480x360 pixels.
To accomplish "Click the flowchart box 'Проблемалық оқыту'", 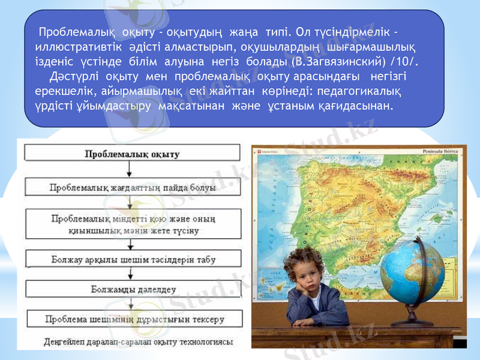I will click(133, 154).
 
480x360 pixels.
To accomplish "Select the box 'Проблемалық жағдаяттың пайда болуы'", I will click(133, 187).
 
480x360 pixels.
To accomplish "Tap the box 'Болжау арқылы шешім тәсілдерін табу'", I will click(133, 260).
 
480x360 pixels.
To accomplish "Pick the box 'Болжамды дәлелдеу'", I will click(133, 290).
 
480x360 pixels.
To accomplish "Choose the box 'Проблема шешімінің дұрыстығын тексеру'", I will click(133, 319).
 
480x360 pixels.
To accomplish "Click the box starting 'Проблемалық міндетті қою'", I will click(133, 224).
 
